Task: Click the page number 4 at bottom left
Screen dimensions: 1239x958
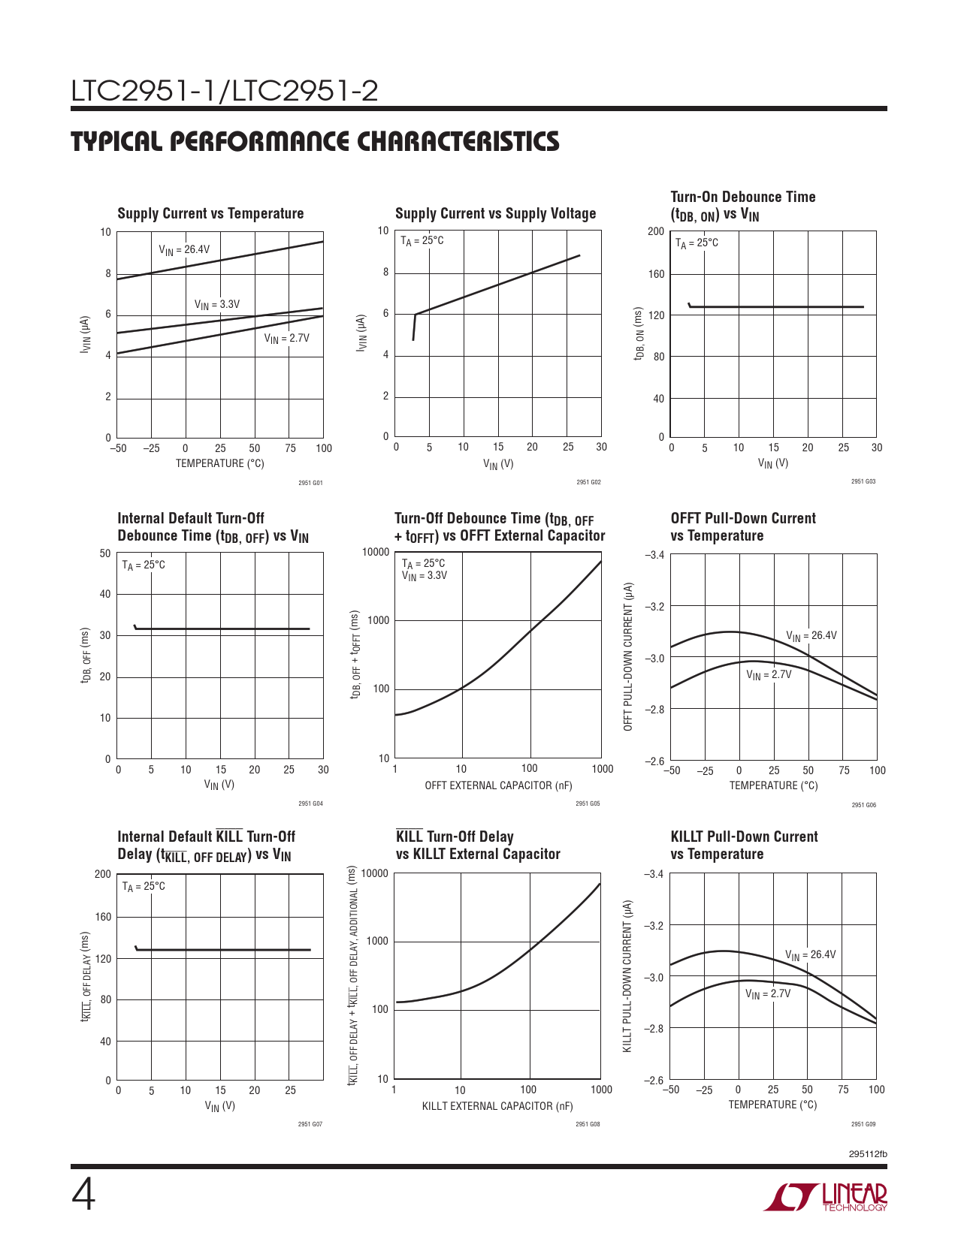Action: (x=83, y=1195)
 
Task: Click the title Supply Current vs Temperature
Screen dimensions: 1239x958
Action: (x=210, y=214)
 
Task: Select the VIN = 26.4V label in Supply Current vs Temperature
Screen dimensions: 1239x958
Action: (x=184, y=250)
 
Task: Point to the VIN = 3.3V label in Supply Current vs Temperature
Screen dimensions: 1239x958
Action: (x=217, y=305)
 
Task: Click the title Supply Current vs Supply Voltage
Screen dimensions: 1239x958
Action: (x=495, y=214)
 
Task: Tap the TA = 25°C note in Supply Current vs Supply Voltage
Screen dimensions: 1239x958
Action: (x=422, y=241)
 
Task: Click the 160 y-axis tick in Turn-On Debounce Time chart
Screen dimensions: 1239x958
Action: (x=657, y=274)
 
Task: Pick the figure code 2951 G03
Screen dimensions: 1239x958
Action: (x=863, y=481)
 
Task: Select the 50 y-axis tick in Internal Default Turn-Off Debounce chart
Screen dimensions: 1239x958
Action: (x=105, y=553)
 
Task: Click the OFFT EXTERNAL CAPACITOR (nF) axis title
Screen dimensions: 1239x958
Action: (x=498, y=786)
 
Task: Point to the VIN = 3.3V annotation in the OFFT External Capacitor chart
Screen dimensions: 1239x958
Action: (x=425, y=576)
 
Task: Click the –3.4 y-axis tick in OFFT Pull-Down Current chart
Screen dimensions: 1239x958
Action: (x=654, y=555)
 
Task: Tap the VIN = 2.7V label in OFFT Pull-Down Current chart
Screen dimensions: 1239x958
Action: (x=769, y=675)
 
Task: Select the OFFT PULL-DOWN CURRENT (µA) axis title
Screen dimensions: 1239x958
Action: (x=629, y=656)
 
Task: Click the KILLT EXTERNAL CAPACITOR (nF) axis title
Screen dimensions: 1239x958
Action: (x=497, y=1106)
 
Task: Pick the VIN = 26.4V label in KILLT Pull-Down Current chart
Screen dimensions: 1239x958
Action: (x=811, y=955)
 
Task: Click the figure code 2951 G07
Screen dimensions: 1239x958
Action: (x=310, y=1124)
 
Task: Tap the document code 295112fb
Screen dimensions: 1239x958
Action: (x=868, y=1154)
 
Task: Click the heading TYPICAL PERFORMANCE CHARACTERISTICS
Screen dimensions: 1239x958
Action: (x=316, y=142)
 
